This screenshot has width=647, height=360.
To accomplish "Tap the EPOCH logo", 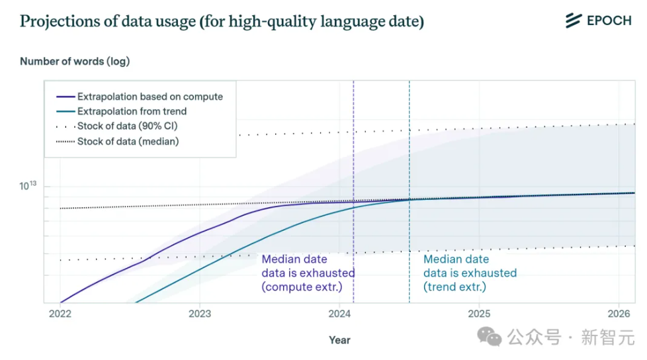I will [x=599, y=21].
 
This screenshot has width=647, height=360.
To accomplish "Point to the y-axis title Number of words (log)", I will [x=75, y=62].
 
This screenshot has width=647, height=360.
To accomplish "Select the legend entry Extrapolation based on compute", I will [x=150, y=97].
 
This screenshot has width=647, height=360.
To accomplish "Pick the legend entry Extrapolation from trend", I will [x=132, y=111].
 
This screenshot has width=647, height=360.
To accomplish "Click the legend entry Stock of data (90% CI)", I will [x=127, y=126].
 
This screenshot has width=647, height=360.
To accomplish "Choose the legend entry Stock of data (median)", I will [x=128, y=141].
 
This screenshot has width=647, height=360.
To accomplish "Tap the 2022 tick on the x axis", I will [x=60, y=313].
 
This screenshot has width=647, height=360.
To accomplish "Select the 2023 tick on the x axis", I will [x=200, y=313].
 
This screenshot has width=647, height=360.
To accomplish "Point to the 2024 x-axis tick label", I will [x=339, y=313].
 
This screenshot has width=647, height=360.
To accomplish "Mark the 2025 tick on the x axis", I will [x=479, y=313].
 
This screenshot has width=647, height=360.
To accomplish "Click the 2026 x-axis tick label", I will [x=619, y=313].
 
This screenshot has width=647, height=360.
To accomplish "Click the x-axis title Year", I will [x=339, y=340].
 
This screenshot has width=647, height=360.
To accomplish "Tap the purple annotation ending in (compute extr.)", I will [x=308, y=273].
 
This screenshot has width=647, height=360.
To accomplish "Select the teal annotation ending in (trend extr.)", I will [x=470, y=273].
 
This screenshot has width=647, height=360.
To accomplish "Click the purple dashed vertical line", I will [x=353, y=165].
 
